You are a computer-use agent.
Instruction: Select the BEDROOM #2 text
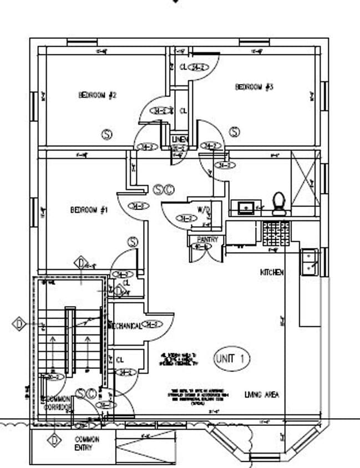click(x=97, y=95)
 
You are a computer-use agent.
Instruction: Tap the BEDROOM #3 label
click(x=255, y=87)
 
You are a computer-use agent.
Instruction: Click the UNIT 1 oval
click(x=231, y=358)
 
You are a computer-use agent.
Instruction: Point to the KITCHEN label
click(x=272, y=273)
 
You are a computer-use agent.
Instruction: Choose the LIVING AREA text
click(x=262, y=395)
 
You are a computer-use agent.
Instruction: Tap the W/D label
click(x=204, y=210)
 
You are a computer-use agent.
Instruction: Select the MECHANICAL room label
click(x=125, y=325)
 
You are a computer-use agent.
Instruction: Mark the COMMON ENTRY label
click(x=87, y=442)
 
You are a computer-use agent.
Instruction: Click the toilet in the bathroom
click(x=278, y=204)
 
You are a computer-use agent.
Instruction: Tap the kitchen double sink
click(x=309, y=261)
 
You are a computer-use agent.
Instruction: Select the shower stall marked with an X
click(x=305, y=181)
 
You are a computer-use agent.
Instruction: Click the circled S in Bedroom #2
click(x=107, y=134)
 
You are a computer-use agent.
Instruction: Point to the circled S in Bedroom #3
click(x=235, y=132)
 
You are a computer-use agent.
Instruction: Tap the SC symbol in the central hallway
click(x=164, y=190)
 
